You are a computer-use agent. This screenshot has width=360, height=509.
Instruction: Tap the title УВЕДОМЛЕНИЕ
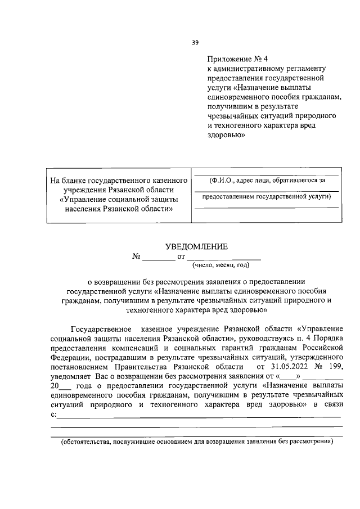click(x=196, y=246)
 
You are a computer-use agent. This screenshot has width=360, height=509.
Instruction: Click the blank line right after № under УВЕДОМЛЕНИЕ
click(x=158, y=257)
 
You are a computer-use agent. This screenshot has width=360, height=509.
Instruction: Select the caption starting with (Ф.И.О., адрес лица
click(x=266, y=181)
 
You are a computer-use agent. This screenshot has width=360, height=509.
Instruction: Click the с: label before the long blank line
click(x=53, y=415)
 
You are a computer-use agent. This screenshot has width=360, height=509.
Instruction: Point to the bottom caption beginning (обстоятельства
click(x=197, y=442)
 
